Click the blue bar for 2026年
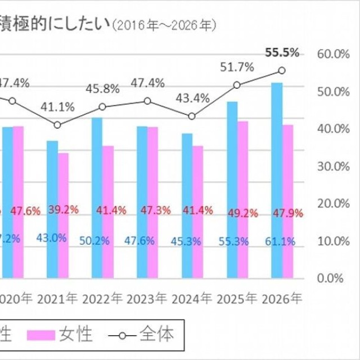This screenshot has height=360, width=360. point(277,180)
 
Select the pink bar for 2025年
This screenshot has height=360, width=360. point(242,200)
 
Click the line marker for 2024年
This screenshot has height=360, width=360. point(192,116)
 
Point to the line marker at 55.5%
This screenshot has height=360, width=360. point(282,70)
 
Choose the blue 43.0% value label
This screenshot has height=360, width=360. point(52,238)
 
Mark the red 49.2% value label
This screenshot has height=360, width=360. point(242,213)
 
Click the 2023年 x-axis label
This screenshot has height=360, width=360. point(147,298)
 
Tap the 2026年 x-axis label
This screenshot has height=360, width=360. point(282,298)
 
